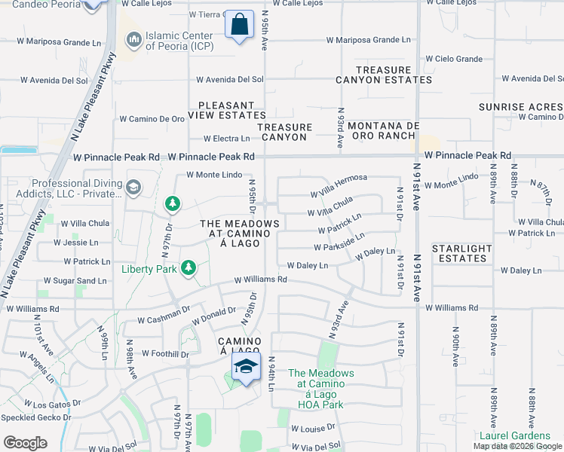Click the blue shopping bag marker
[240, 26]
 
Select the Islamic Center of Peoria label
[179, 41]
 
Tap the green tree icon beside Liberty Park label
[188, 267]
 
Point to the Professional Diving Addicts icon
[133, 187]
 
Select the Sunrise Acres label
[521, 107]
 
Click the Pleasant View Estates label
[231, 110]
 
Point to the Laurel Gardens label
[515, 435]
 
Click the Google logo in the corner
[26, 442]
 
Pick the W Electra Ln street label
[226, 139]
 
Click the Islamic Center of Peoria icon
[133, 38]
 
